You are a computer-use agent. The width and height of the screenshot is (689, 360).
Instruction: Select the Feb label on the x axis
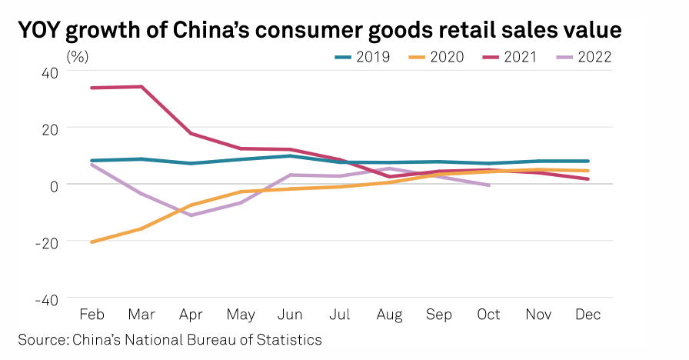92,315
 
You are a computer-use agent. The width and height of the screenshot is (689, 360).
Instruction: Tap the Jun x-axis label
290,315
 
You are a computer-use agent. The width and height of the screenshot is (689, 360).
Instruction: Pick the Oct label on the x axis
488,315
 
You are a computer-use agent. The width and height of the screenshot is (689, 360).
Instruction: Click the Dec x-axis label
587,315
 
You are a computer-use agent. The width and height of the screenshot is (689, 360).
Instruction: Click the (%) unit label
78,56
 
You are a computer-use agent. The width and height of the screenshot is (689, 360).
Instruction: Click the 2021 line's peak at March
141,86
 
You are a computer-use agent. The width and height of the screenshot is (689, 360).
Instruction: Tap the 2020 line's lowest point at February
92,242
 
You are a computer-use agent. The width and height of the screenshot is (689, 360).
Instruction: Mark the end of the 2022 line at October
488,185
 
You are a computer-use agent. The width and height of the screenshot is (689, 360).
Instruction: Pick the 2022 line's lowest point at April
191,215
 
